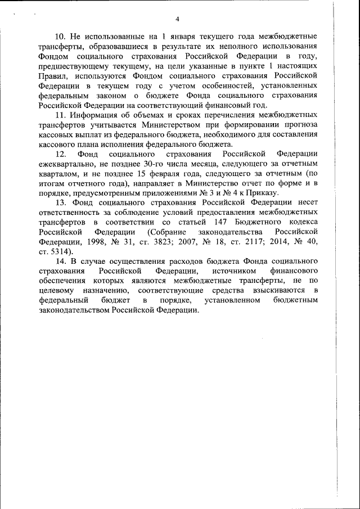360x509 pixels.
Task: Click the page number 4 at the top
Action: tap(177, 20)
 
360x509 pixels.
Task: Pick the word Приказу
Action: tap(264, 193)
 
